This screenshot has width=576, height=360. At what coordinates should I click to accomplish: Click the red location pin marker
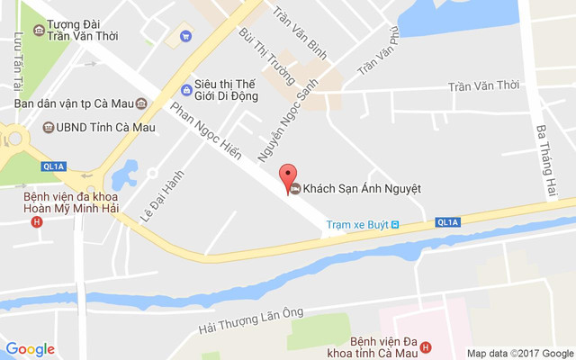click(x=288, y=175)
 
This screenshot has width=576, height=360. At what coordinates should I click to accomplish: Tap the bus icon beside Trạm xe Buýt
click(x=394, y=224)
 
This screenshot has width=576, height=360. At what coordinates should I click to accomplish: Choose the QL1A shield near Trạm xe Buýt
click(x=447, y=221)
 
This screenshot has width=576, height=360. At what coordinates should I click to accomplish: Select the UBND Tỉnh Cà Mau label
click(x=106, y=127)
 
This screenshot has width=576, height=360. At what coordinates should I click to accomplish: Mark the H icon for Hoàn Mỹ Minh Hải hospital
click(x=36, y=221)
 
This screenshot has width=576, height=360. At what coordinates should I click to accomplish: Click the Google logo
click(x=31, y=349)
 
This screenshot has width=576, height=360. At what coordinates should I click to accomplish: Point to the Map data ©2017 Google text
click(x=520, y=353)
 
